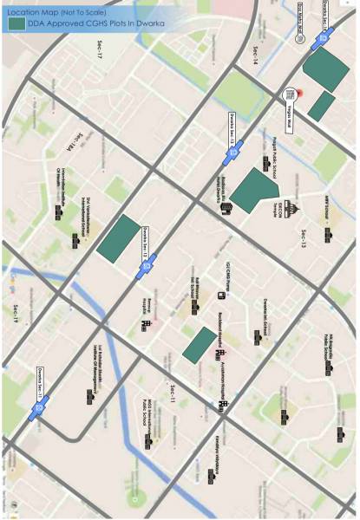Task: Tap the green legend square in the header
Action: [16, 24]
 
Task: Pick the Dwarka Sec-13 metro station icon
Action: [234, 153]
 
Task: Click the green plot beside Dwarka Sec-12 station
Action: [118, 237]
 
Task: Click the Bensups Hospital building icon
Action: [146, 325]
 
